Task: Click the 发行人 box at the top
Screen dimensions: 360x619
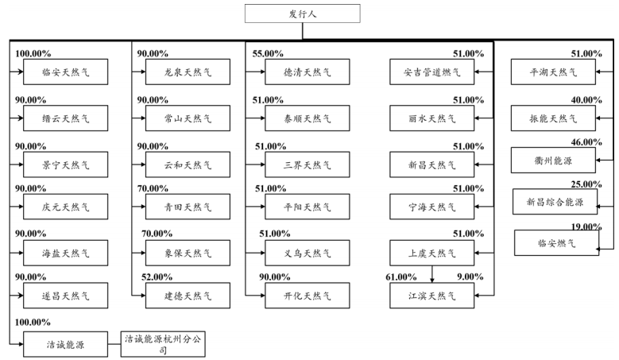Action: point(301,14)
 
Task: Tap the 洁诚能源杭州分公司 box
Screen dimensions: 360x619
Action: point(164,343)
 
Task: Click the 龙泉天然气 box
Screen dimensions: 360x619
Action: point(183,72)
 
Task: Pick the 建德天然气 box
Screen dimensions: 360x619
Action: point(183,296)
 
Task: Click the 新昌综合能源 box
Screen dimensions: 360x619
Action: point(553,202)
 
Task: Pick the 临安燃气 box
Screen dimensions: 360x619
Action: point(554,242)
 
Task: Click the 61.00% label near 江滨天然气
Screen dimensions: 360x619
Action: point(400,277)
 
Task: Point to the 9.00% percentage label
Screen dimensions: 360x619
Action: point(470,277)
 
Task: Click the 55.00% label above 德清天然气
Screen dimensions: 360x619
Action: point(268,53)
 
